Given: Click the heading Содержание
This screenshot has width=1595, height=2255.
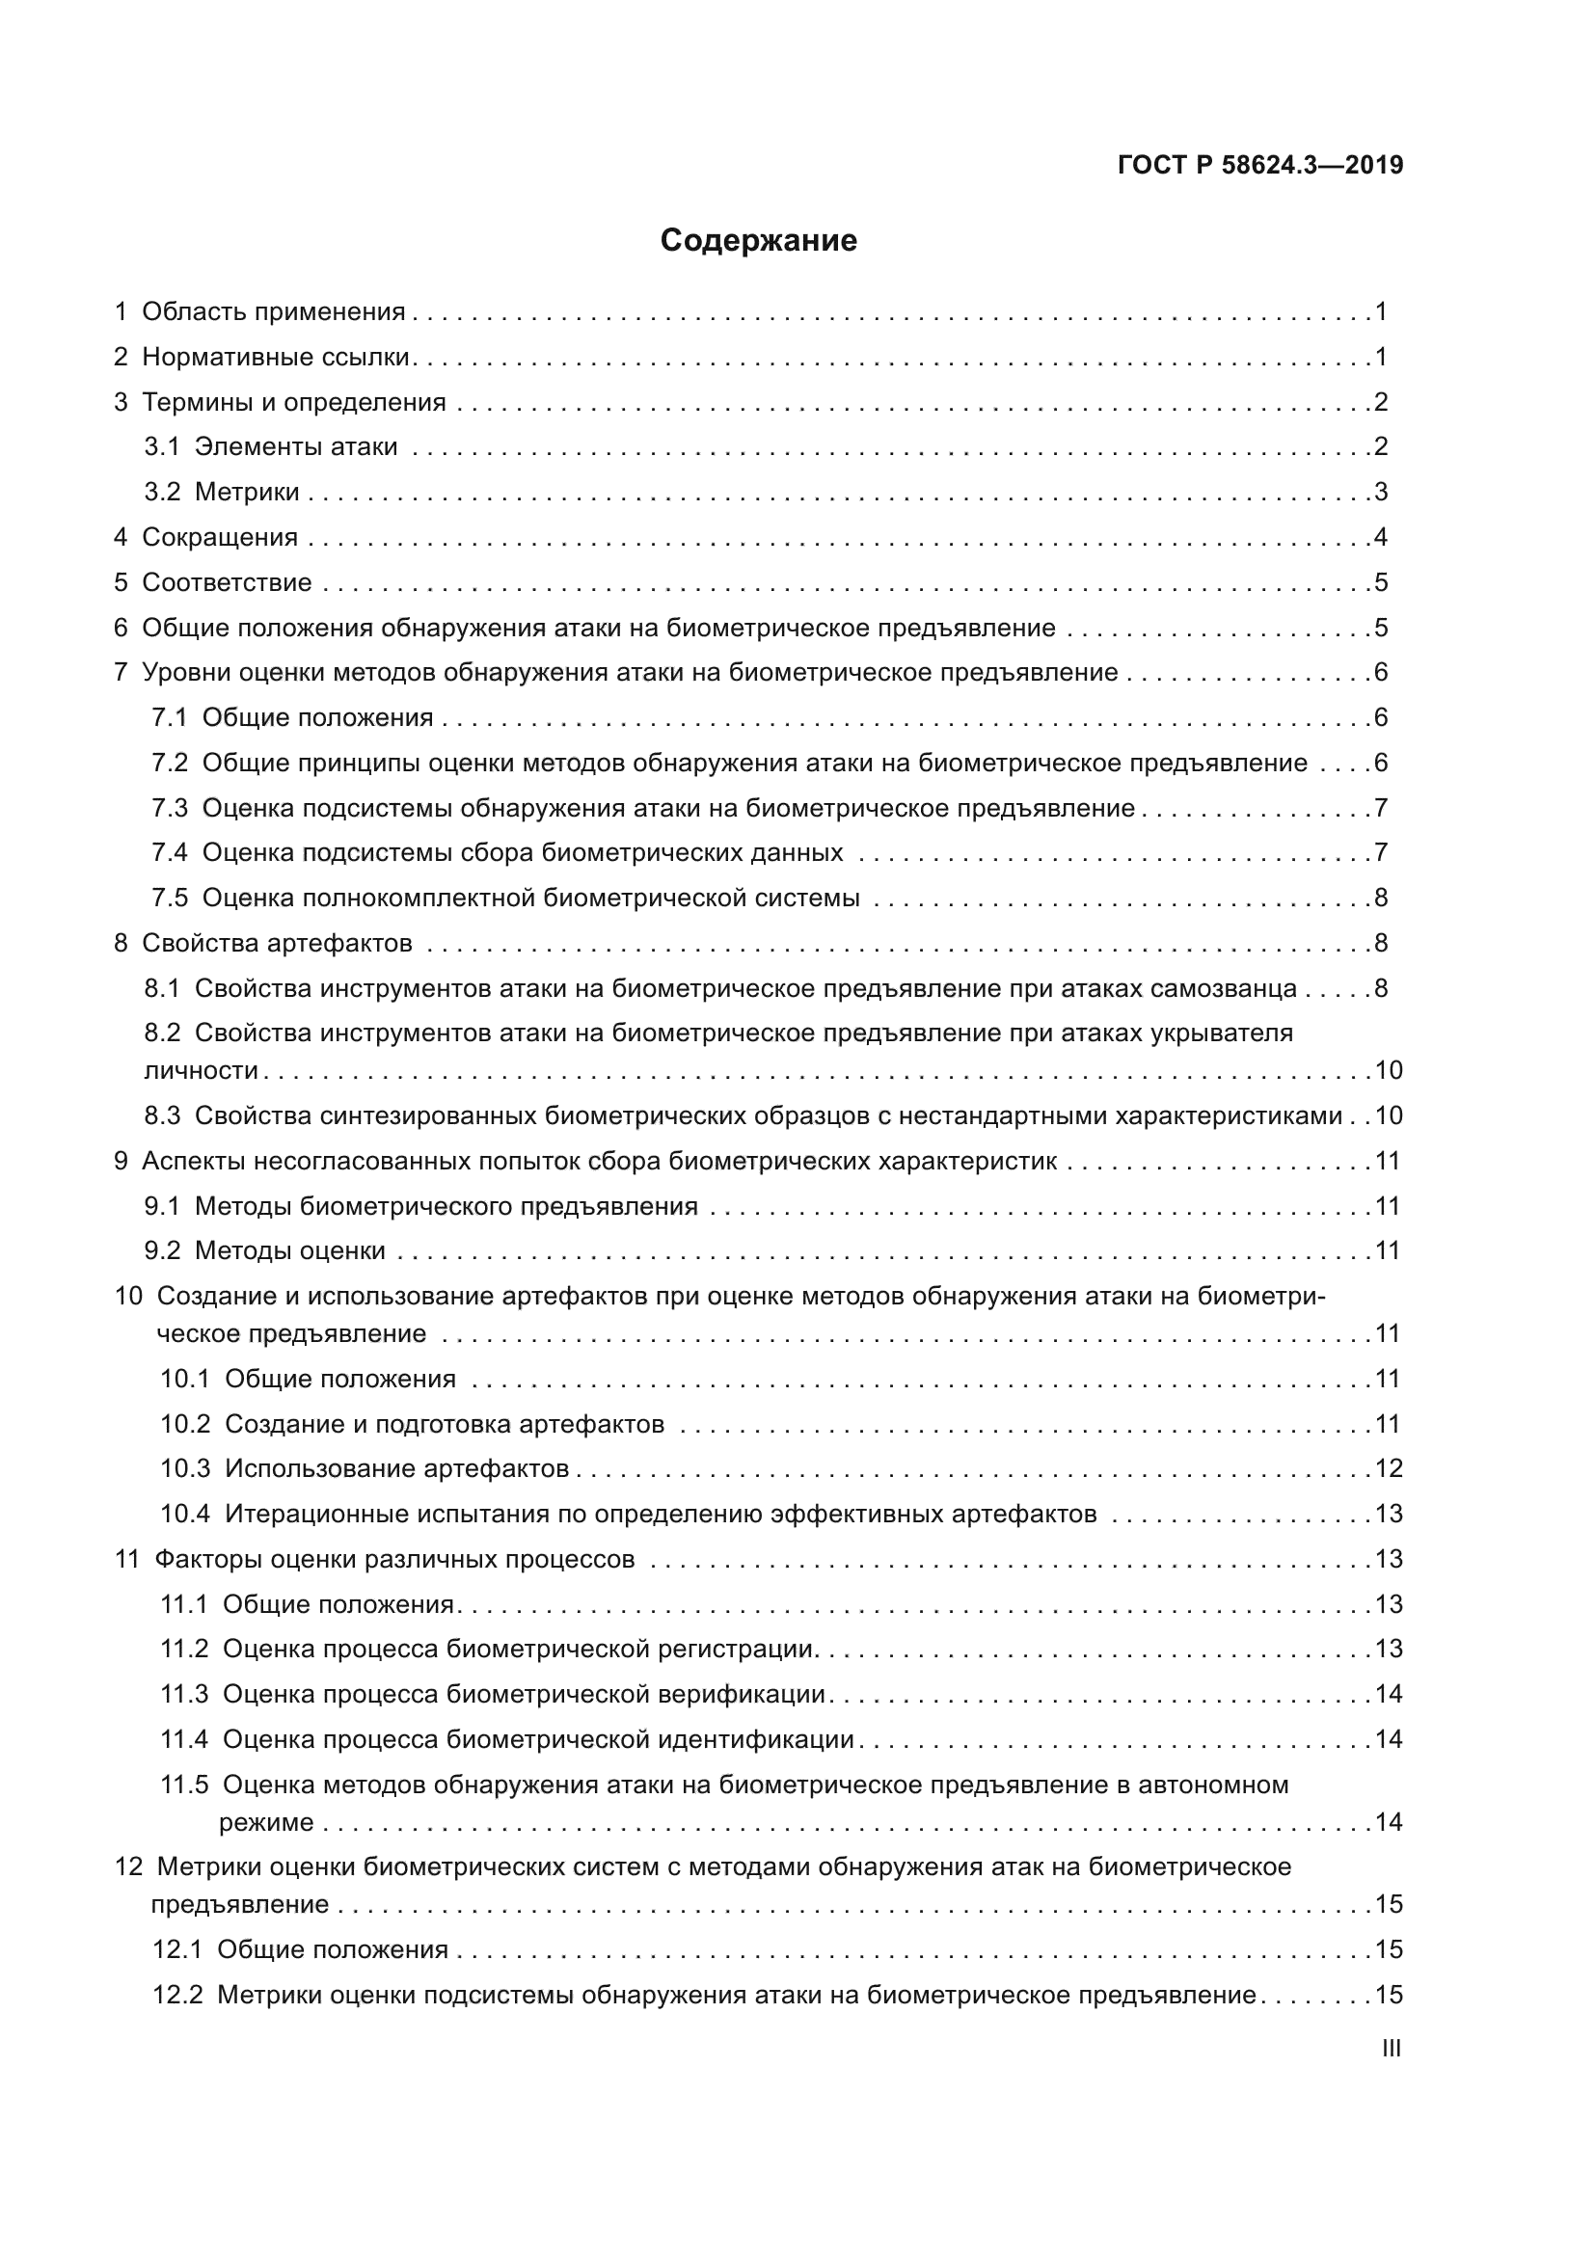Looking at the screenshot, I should pos(758,241).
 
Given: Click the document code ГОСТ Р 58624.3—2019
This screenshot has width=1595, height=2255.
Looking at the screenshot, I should pos(1260,166).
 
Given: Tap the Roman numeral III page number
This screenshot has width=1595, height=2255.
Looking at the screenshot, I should pos(1391,2049).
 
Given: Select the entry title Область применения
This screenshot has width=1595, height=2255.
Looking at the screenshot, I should pos(273,312).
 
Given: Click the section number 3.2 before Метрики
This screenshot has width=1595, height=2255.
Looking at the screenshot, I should pos(162,492).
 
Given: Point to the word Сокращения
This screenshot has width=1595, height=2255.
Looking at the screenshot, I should pos(220,537).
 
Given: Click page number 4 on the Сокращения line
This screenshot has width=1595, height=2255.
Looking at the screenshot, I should pos(1381,537).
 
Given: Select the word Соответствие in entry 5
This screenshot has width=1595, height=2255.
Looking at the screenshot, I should pos(227,582).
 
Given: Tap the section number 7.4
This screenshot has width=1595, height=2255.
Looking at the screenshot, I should pos(169,852).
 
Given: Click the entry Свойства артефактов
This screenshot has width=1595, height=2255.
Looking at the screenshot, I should pos(277,944).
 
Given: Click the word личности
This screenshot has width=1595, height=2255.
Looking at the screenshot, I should pos(202,1070).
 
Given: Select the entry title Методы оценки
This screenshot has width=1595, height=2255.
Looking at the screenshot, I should pos(289,1251).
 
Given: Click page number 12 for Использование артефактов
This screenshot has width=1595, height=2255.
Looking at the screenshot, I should pos(1388,1469).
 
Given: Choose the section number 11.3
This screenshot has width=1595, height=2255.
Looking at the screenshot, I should pos(184,1694).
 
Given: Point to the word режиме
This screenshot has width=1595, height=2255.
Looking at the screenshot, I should pos(266,1823).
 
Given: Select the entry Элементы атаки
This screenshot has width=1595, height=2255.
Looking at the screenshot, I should pos(296,447).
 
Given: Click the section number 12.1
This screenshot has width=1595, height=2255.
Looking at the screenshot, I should pos(176,1949).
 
